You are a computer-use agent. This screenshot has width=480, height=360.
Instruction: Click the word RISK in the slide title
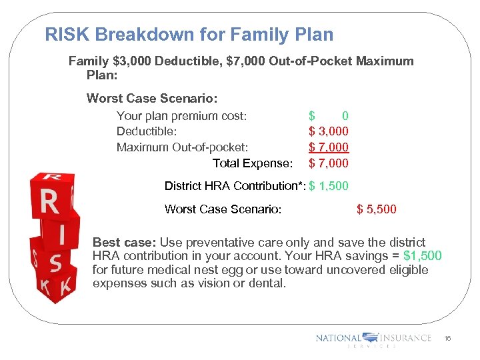pos(65,35)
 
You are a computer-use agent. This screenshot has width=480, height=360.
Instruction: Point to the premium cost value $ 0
pos(329,116)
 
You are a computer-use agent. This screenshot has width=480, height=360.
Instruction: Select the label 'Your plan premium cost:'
pos(181,116)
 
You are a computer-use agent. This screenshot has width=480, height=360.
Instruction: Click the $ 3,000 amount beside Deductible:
pos(329,131)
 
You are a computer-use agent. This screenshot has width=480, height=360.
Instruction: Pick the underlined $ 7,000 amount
pos(329,147)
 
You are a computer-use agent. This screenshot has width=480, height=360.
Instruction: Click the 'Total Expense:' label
pos(252,163)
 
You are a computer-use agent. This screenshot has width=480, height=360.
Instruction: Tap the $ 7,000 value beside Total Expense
pos(329,163)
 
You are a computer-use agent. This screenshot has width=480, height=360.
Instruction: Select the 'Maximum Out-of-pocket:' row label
pos(182,147)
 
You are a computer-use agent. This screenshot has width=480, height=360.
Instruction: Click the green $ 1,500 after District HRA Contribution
pos(329,186)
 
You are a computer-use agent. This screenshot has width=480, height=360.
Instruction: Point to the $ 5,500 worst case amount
pos(377,209)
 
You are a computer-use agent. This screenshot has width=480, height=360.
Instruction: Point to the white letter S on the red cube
pos(56,265)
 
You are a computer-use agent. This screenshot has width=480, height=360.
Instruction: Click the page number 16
pos(448,339)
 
